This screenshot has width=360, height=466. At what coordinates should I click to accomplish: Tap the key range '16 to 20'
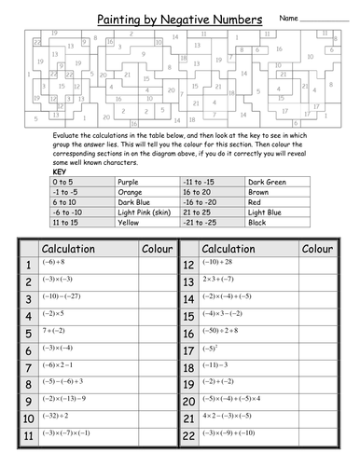coord(200,191)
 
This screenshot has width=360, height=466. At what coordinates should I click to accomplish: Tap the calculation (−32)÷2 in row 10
coord(54,414)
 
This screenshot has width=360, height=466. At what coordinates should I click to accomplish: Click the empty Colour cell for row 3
coord(156,297)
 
